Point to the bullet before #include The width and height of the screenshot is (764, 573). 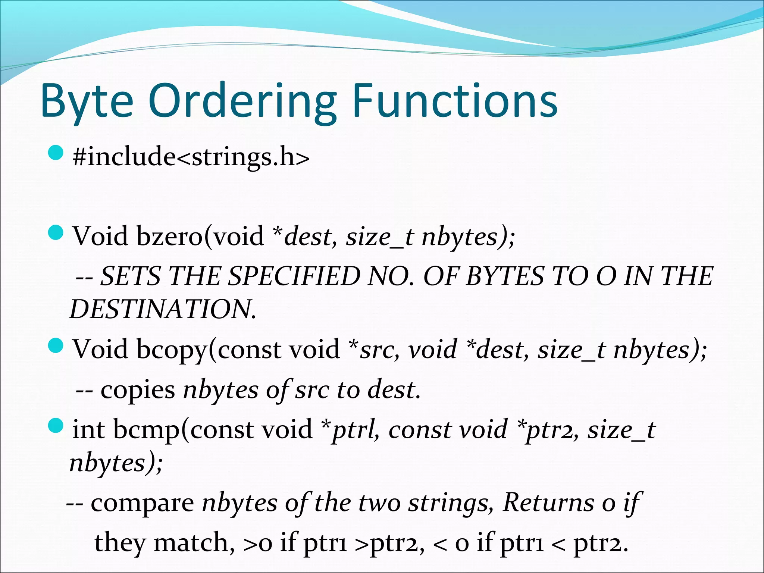point(56,153)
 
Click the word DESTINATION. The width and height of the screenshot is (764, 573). point(163,309)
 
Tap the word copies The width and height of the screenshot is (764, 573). point(138,390)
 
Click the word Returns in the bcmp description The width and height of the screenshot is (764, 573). point(548,502)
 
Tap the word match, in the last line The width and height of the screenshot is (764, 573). point(194,543)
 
